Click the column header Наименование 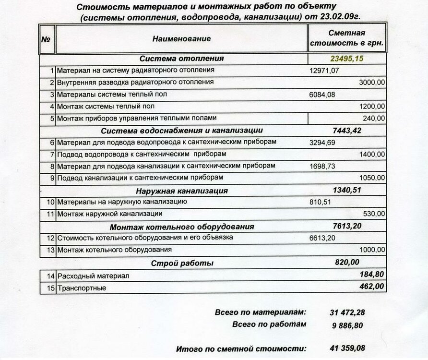click(x=181, y=38)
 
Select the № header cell click(x=46, y=39)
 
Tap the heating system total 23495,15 click(x=347, y=59)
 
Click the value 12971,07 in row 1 click(x=324, y=71)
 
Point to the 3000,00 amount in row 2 click(x=372, y=83)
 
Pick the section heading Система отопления click(x=181, y=59)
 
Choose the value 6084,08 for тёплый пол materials click(x=322, y=95)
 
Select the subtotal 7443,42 click(x=346, y=130)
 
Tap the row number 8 click(x=52, y=166)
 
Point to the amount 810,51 click(x=321, y=202)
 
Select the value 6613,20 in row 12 click(x=322, y=238)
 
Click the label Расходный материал click(x=93, y=276)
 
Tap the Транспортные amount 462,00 click(x=371, y=287)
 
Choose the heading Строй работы click(x=182, y=263)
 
